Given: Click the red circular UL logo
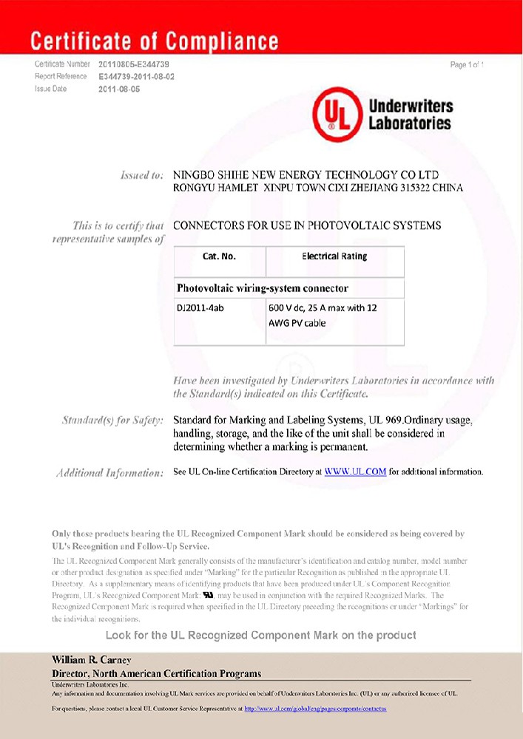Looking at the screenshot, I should [x=337, y=116].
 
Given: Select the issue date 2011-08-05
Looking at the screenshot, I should [x=119, y=89].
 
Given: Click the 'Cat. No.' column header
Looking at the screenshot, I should [x=219, y=256].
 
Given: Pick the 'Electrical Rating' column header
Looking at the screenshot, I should [x=334, y=256].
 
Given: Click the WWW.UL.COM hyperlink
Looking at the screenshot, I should [x=355, y=471].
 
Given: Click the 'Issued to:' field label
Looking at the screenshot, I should [x=141, y=175].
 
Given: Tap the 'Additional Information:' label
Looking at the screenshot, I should [x=109, y=472].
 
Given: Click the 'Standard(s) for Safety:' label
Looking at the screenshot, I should [x=112, y=420].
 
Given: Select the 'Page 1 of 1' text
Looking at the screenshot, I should [x=467, y=65].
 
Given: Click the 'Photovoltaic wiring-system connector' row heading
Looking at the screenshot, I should [x=262, y=287].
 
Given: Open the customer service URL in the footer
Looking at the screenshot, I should [x=314, y=709].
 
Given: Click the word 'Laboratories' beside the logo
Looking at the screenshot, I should [x=410, y=123].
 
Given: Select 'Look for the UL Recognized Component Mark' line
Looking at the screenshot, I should [x=261, y=636].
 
